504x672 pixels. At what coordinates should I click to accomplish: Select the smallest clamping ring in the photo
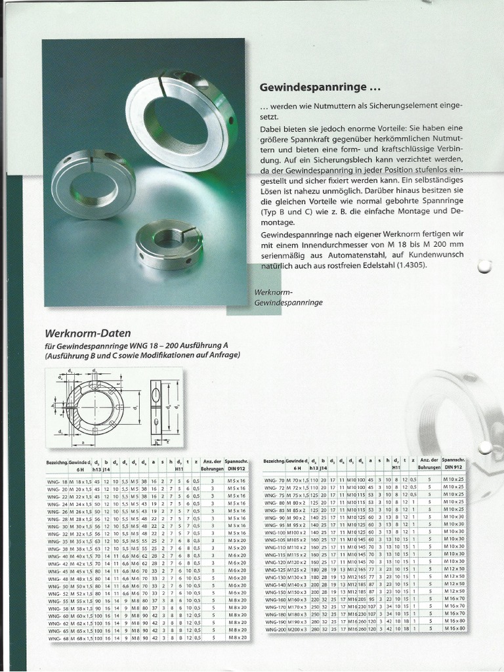pyautogui.click(x=167, y=244)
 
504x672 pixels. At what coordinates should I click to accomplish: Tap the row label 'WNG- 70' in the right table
pyautogui.click(x=275, y=480)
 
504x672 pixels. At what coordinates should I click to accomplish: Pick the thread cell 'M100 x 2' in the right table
pyautogui.click(x=296, y=532)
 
